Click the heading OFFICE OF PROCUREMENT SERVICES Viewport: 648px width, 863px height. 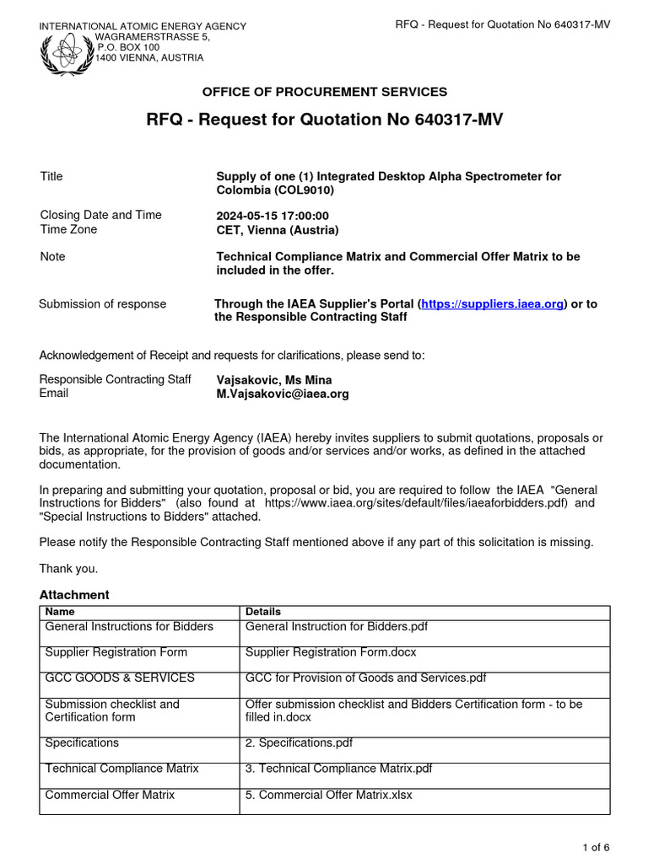click(x=324, y=92)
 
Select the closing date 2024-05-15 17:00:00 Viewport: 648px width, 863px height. click(x=273, y=216)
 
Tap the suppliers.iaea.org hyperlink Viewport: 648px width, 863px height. click(x=492, y=304)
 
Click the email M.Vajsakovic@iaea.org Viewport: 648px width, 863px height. click(x=283, y=394)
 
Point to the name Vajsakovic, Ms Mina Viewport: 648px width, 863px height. click(x=274, y=380)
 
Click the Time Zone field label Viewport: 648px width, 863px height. click(x=68, y=229)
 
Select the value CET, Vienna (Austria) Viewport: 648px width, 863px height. click(x=278, y=230)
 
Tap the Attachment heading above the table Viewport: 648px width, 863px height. click(x=74, y=595)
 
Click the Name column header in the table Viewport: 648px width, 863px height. click(x=59, y=612)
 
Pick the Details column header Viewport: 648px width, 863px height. click(x=262, y=612)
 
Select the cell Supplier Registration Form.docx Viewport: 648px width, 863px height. click(x=331, y=652)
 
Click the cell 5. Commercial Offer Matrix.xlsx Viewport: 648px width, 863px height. click(x=328, y=795)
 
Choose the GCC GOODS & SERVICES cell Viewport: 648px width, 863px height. click(x=120, y=678)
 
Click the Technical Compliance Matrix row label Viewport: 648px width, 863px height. click(x=121, y=769)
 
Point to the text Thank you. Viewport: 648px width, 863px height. click(x=68, y=569)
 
